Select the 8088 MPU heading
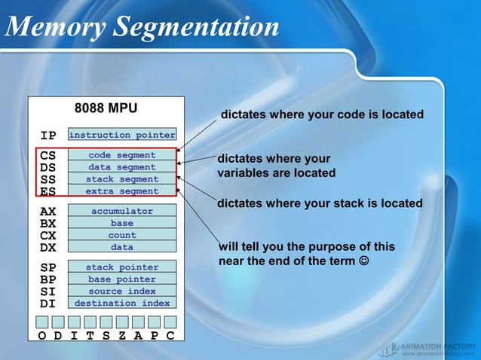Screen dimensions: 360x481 click(106, 107)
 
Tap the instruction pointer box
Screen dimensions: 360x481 click(121, 136)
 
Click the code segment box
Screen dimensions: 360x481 click(121, 155)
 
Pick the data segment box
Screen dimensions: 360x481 click(121, 167)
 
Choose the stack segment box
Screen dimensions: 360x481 click(121, 179)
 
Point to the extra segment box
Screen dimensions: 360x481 click(121, 191)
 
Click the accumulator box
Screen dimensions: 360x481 click(121, 212)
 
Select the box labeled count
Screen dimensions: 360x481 click(121, 235)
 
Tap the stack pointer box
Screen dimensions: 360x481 click(121, 267)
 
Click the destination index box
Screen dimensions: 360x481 click(121, 304)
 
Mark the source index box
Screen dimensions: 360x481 click(121, 291)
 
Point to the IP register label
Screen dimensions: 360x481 click(48, 136)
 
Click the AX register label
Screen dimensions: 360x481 click(48, 212)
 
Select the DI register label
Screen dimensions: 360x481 click(48, 304)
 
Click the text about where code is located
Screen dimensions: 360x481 click(322, 114)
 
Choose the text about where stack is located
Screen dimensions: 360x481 click(320, 203)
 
